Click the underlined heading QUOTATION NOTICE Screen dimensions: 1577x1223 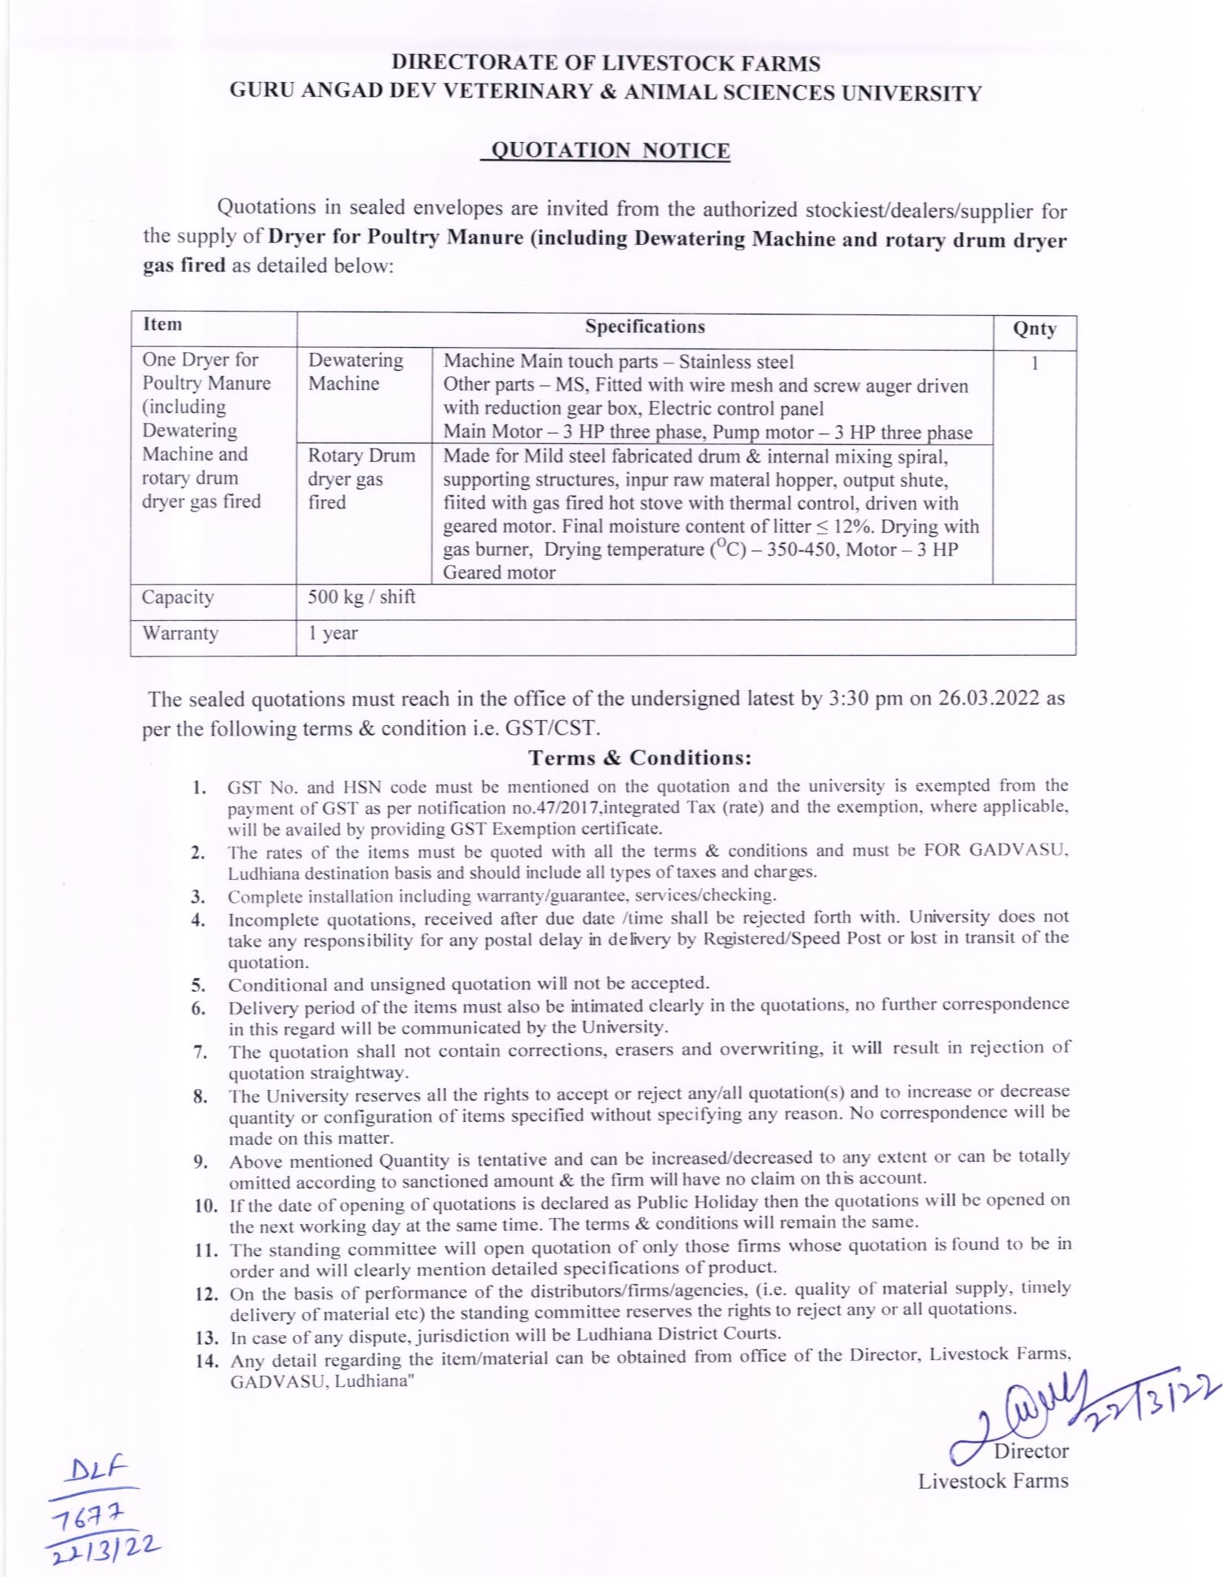610,150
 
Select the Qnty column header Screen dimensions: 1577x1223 1034,329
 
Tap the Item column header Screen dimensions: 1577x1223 162,325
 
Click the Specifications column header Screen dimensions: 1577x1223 644,327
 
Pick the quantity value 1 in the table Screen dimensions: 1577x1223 1034,363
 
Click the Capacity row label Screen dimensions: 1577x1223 178,597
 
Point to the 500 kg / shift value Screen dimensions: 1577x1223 361,596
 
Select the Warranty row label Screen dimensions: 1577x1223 180,633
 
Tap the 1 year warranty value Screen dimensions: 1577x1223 332,633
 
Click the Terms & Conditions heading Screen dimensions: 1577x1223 639,758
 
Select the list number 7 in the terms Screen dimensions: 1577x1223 199,1052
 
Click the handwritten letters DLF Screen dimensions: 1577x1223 96,1468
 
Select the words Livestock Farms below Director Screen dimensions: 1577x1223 993,1481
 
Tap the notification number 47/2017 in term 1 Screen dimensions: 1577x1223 568,808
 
